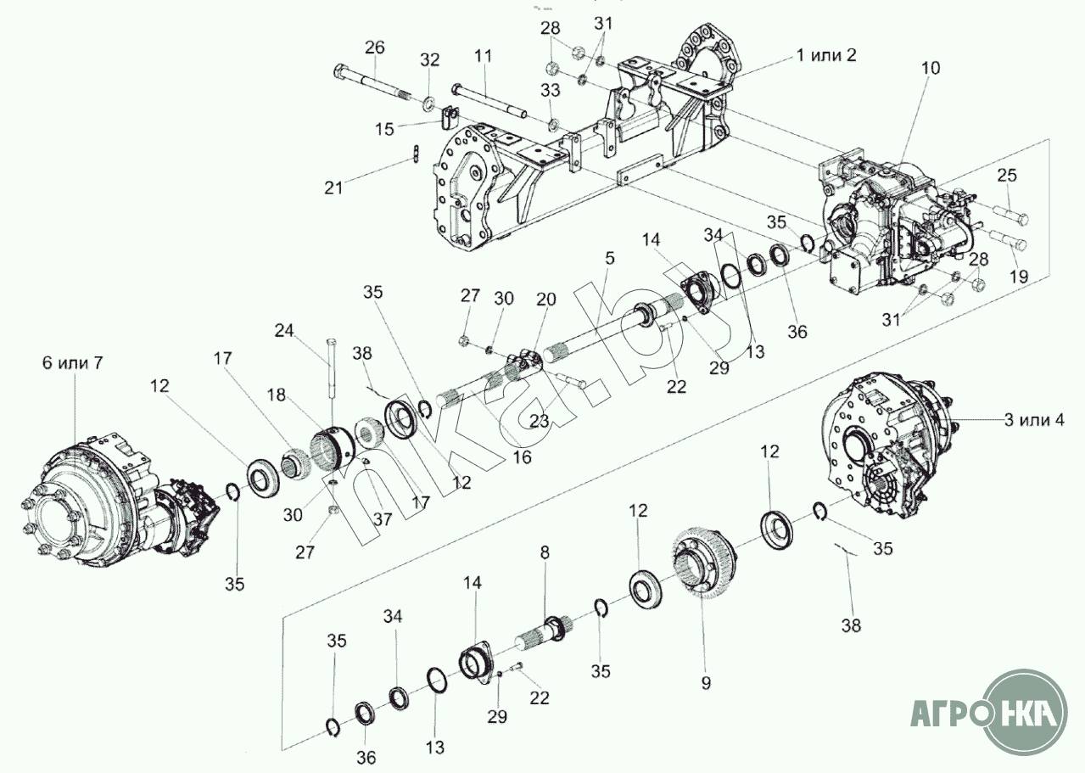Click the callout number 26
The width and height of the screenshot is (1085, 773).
[374, 48]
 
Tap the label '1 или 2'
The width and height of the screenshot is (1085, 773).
[826, 55]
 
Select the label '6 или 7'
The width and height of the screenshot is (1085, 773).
[73, 362]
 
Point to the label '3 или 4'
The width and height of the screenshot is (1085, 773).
[1034, 420]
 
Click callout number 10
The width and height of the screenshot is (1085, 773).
[930, 69]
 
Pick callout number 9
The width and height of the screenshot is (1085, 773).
[706, 683]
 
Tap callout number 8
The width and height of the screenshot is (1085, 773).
[545, 552]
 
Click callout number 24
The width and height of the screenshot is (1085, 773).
[284, 331]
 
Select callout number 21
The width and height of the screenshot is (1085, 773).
[333, 188]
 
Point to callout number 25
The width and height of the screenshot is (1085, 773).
[1007, 175]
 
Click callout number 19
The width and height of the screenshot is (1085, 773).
[1019, 277]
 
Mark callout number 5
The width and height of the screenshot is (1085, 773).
[610, 258]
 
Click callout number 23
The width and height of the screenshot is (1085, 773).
[540, 421]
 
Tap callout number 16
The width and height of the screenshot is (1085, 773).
[523, 457]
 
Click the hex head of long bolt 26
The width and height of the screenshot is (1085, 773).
[340, 72]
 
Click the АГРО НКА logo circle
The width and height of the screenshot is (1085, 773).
[1026, 712]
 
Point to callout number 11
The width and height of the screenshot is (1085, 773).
[483, 56]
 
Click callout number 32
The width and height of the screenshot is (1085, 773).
[429, 59]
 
